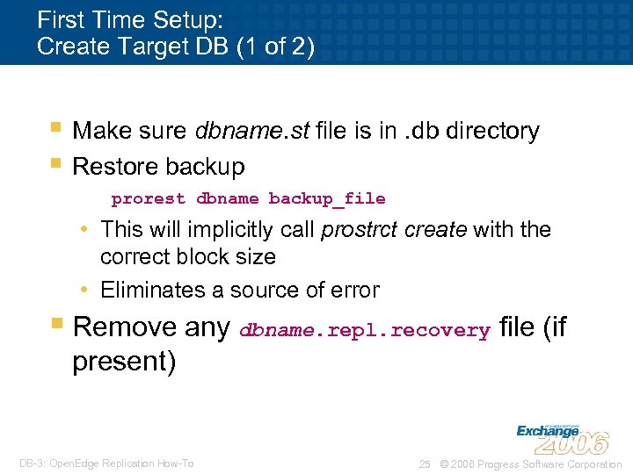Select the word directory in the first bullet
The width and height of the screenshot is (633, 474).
point(492,131)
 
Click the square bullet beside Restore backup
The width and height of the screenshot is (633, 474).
point(55,162)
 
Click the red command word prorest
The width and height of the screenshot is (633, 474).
point(148,199)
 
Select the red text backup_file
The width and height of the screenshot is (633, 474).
point(326,199)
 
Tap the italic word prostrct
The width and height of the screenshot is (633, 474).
point(357,230)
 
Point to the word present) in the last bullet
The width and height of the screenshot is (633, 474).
point(124,362)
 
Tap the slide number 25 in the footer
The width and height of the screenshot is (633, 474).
point(425,464)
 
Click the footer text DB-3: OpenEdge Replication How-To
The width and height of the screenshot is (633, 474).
point(106,463)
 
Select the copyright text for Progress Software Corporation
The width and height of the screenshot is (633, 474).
point(530,464)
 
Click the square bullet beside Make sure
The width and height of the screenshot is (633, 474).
point(55,127)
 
